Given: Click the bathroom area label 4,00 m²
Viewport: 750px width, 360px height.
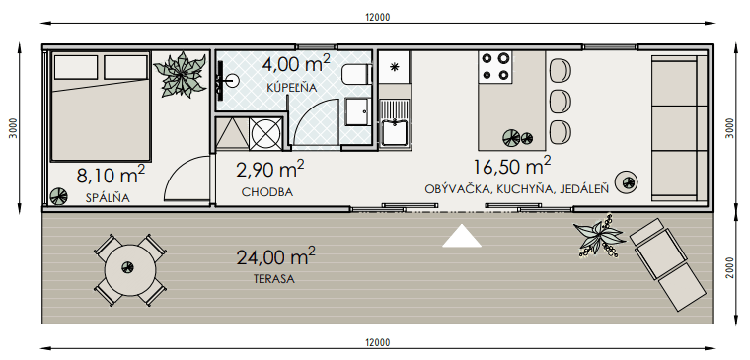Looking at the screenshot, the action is [296, 64].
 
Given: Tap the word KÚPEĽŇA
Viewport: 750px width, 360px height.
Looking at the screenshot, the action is [292, 88].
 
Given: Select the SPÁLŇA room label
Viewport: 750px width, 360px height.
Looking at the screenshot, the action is [108, 198].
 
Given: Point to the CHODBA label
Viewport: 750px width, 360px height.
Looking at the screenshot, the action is [267, 192].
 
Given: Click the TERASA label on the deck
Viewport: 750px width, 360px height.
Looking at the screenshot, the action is [274, 279].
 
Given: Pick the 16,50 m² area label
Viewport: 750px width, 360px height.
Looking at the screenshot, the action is [512, 167].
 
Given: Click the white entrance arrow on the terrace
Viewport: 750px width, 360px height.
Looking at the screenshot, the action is [462, 236].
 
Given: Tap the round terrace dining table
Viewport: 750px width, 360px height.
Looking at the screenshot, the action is [130, 270].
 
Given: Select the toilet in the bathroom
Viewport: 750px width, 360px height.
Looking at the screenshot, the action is [357, 75].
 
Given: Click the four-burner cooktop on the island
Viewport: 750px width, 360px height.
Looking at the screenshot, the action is [495, 66].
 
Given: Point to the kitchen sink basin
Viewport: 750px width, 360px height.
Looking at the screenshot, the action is [395, 133].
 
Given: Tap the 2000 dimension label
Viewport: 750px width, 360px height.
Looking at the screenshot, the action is [729, 268].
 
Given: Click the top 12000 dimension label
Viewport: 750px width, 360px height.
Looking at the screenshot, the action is [377, 17].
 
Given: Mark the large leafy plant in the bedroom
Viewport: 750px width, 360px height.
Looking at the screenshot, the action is [181, 75].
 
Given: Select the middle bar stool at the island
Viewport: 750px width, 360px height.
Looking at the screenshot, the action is [561, 102].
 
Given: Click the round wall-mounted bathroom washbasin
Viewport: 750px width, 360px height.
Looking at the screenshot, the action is [232, 81].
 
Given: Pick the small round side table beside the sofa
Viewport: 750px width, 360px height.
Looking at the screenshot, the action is [627, 181].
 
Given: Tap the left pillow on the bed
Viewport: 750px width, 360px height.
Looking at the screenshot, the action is [76, 67].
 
